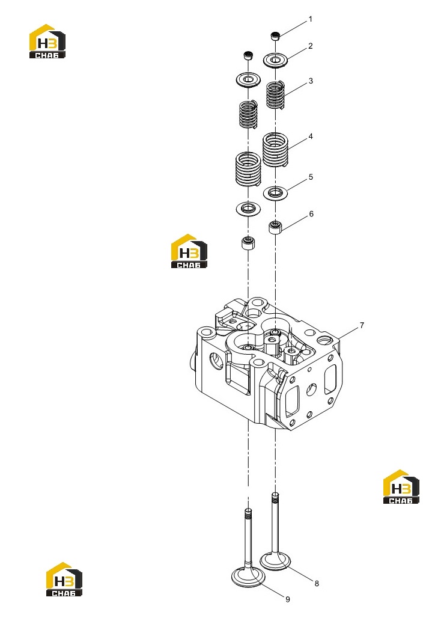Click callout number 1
tap(310, 19)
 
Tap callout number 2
tap(310, 46)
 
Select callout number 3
tap(311, 81)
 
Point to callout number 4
tap(311, 136)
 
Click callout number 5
tap(311, 177)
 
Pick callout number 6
tap(311, 214)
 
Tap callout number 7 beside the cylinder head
tap(362, 325)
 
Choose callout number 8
tap(317, 583)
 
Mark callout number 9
tap(288, 599)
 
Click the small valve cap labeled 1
tap(275, 35)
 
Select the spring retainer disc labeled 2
tap(275, 60)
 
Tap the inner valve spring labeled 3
tap(276, 95)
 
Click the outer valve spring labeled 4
tap(276, 150)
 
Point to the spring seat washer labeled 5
tap(275, 193)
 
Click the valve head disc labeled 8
tap(276, 560)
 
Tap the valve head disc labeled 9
tap(248, 577)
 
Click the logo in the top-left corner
tap(47, 41)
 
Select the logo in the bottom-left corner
tap(64, 579)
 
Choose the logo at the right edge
tap(401, 486)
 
